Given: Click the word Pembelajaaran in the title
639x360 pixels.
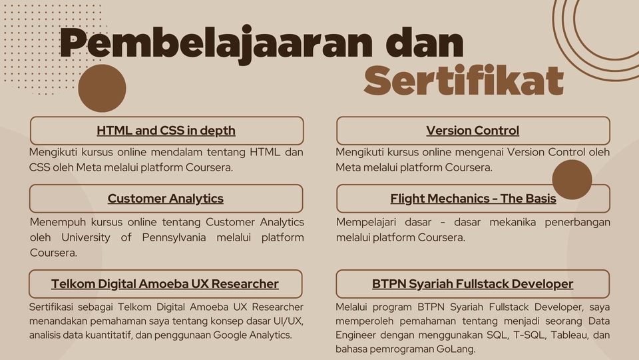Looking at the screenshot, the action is (x=216, y=43).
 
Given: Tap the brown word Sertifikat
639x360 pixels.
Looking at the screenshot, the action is (x=464, y=80).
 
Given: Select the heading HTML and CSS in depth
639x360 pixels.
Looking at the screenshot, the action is (x=166, y=131).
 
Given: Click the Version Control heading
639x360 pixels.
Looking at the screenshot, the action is (x=473, y=131).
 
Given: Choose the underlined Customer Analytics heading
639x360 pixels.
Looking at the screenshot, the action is (x=166, y=199).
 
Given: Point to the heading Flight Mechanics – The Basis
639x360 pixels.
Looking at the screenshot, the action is (x=473, y=199).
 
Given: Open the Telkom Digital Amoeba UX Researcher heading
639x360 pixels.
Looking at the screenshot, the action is (x=165, y=284).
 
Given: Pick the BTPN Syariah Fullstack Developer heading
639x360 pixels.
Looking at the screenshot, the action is (x=473, y=284).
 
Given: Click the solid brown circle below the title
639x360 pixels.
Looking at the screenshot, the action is (x=102, y=88).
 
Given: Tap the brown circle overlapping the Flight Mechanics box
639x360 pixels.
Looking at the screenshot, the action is (x=572, y=179).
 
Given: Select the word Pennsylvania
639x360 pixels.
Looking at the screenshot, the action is (x=174, y=237).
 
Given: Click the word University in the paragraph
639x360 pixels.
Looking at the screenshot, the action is (x=86, y=237).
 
